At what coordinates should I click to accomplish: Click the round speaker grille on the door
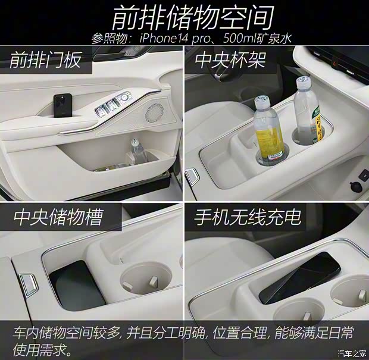tap(155, 110)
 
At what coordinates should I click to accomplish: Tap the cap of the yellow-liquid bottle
tap(262, 102)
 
